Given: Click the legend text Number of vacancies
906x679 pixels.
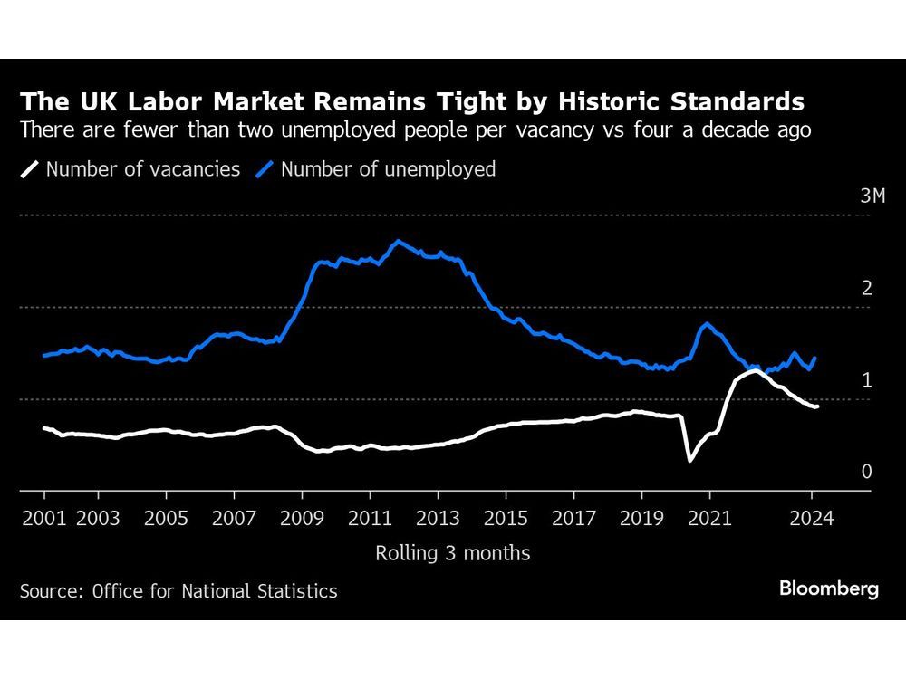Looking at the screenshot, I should pyautogui.click(x=143, y=169).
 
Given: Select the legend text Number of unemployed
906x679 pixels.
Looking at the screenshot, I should pyautogui.click(x=388, y=169).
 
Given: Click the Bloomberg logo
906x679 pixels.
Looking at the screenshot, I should pyautogui.click(x=828, y=588).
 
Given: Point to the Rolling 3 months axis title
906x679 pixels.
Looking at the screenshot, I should pyautogui.click(x=453, y=553).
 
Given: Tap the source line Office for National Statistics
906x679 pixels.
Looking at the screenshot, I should pyautogui.click(x=214, y=591).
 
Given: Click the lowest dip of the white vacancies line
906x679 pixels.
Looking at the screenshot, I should pyautogui.click(x=690, y=460).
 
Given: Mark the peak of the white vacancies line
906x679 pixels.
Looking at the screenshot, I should pyautogui.click(x=754, y=370).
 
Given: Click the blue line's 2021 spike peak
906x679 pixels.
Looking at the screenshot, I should pyautogui.click(x=707, y=323).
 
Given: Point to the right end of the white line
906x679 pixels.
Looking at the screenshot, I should pyautogui.click(x=817, y=406).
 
